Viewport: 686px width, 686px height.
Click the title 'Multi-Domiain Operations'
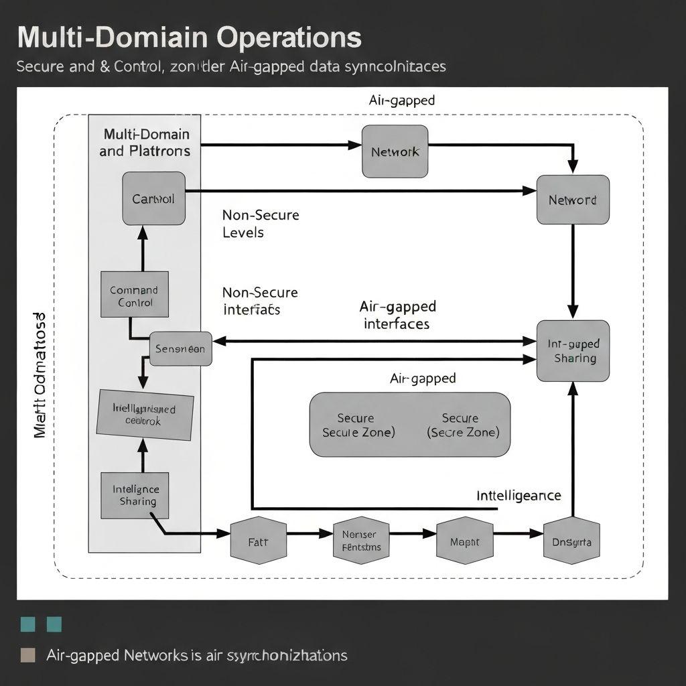coord(189,38)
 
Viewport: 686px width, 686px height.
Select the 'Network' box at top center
coord(395,151)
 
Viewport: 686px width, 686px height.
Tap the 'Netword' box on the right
coord(573,200)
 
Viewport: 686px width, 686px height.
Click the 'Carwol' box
coord(153,198)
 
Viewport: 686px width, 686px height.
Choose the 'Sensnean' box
coord(180,348)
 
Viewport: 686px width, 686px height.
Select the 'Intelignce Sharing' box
coord(135,495)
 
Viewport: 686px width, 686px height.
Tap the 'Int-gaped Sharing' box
coord(573,351)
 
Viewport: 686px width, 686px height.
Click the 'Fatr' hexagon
coord(258,541)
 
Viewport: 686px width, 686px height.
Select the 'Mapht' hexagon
coord(464,541)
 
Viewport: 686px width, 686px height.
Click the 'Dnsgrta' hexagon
coord(571,541)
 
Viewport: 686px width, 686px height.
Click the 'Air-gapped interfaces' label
coord(397,315)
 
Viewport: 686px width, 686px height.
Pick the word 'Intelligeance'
coord(519,496)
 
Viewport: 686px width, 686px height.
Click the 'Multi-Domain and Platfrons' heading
coord(145,143)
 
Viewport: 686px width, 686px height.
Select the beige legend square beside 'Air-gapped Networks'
coord(28,655)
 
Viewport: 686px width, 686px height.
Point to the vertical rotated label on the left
coord(40,375)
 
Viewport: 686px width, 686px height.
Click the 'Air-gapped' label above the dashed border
coord(401,100)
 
